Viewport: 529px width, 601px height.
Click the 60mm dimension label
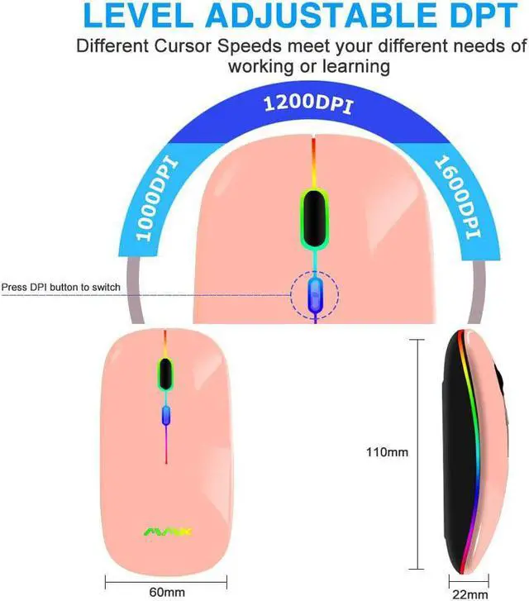point(167,591)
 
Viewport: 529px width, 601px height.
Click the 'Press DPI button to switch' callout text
point(61,287)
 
